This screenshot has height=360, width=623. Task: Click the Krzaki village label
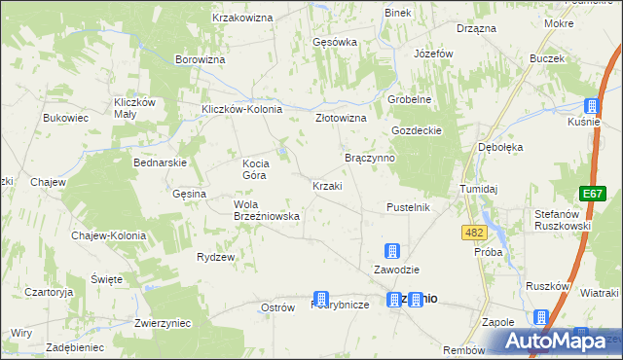click(326, 186)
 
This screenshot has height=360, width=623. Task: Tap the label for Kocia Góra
click(262, 169)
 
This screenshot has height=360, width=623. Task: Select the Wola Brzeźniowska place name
click(257, 210)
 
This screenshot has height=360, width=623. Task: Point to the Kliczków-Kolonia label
click(241, 109)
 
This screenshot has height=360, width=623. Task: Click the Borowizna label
click(201, 59)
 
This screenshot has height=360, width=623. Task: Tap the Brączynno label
click(369, 157)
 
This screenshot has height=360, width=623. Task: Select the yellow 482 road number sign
click(474, 233)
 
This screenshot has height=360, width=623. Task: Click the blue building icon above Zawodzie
click(392, 251)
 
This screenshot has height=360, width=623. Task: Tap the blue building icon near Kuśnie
click(591, 106)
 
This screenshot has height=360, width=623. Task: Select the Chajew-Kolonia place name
click(108, 235)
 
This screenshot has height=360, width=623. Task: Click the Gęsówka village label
click(335, 43)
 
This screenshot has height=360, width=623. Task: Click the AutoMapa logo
click(554, 341)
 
